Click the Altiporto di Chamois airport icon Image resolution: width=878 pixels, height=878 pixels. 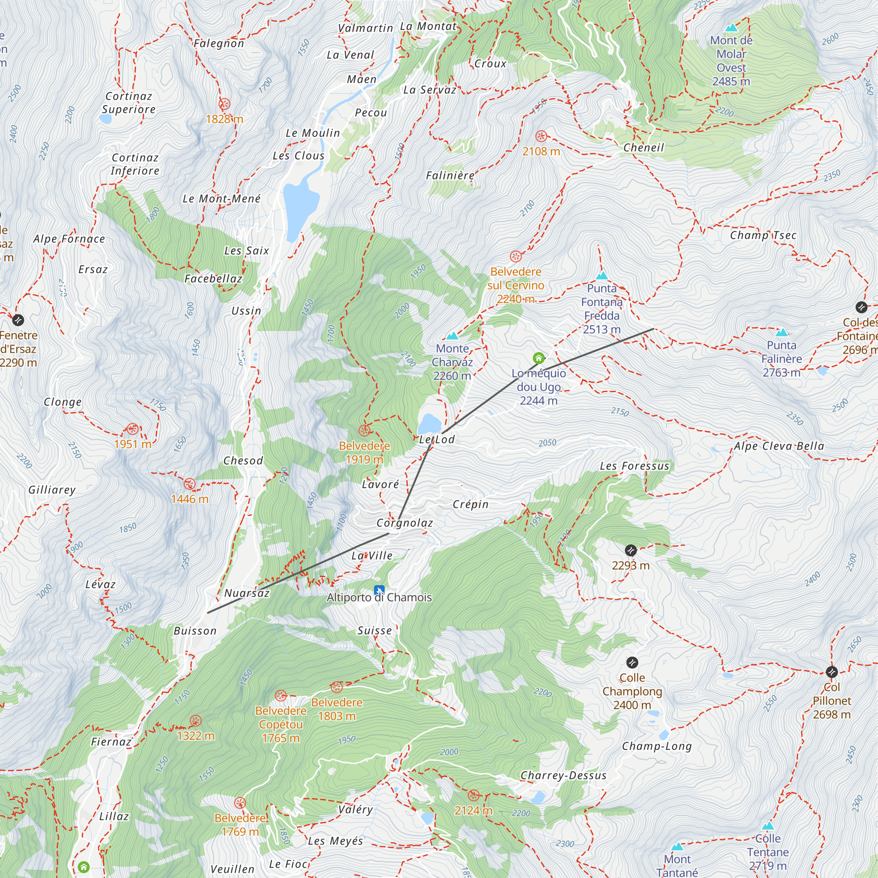(x=379, y=590)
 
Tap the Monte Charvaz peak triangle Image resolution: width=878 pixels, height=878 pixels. (x=452, y=336)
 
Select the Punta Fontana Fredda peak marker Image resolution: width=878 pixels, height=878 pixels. (x=602, y=275)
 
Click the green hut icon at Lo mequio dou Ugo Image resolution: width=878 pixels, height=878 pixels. (x=539, y=358)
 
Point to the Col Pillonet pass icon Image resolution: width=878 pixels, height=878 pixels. (x=831, y=672)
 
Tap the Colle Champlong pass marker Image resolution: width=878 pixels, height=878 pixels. (x=632, y=662)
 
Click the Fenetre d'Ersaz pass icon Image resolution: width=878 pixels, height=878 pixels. (x=18, y=320)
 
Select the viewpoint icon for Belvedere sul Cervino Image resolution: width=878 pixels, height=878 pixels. (x=516, y=256)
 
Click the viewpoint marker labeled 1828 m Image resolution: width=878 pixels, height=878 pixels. (x=224, y=104)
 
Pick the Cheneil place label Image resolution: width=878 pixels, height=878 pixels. (x=644, y=148)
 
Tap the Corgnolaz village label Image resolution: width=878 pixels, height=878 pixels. (x=404, y=523)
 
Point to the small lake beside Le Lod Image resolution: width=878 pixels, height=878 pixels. (x=429, y=424)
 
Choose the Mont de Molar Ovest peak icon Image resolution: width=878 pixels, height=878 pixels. (x=731, y=28)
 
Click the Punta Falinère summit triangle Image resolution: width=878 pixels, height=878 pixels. (x=782, y=333)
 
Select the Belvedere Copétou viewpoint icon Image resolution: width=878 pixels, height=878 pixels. (x=281, y=695)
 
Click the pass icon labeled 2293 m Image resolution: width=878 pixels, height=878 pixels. (x=630, y=551)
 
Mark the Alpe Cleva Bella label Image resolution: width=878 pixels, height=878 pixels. (x=779, y=446)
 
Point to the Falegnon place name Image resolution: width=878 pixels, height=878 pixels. (x=219, y=43)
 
